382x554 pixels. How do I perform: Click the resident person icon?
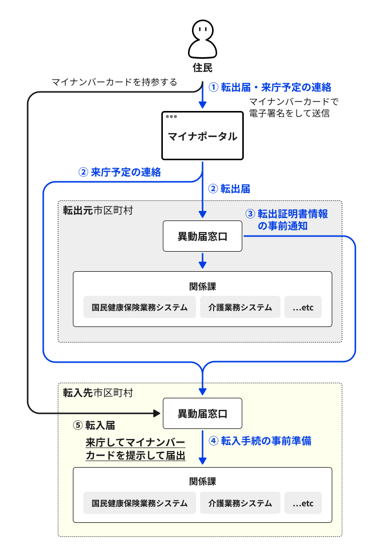[203, 39]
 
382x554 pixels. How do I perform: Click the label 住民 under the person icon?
[203, 67]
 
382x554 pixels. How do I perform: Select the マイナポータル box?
[203, 136]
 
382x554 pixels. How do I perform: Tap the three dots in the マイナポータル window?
[171, 116]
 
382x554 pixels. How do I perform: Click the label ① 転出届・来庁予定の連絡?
[270, 87]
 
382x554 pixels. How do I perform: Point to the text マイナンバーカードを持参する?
[115, 82]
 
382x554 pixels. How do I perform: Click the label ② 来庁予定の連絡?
[120, 172]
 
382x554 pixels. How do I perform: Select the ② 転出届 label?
[229, 189]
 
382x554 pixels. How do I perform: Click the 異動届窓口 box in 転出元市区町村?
[203, 236]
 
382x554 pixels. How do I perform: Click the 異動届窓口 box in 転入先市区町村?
[203, 413]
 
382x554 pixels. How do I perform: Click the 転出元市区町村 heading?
[98, 210]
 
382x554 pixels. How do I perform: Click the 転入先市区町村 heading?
[98, 392]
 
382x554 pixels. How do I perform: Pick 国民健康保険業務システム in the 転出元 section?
[139, 307]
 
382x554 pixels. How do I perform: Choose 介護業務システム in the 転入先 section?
[240, 503]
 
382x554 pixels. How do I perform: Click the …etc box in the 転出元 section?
[303, 307]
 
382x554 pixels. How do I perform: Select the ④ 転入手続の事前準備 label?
[260, 440]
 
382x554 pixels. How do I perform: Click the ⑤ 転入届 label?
[94, 425]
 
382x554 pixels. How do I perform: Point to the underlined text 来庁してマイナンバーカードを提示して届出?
[135, 449]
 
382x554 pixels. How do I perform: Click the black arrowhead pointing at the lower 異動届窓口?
[156, 413]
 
